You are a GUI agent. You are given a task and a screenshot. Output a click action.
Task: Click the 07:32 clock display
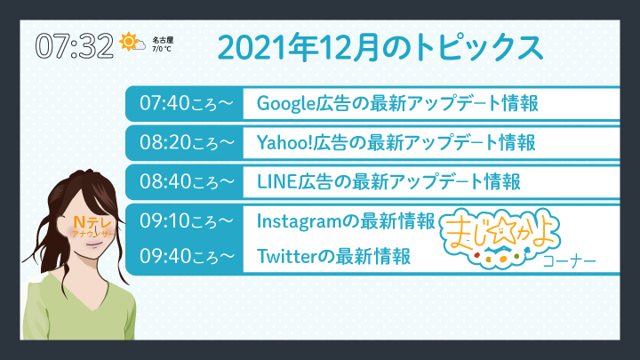coord(75,45)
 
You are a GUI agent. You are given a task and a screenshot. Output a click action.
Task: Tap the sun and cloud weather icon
coord(132,42)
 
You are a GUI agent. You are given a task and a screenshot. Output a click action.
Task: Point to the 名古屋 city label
coord(163,40)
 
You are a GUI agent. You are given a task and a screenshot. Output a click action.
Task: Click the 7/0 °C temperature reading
coord(162,49)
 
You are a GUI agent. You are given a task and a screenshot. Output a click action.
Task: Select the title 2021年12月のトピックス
coord(380,47)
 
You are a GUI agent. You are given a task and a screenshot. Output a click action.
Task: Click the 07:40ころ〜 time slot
coord(187,103)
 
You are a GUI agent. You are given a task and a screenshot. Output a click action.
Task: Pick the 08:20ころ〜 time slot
coord(187,142)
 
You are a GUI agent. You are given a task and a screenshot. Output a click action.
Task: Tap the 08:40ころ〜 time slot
coord(187,181)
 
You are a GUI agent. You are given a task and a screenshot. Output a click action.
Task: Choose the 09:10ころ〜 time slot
coord(187,220)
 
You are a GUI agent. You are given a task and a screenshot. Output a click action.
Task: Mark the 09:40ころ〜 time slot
coord(187,256)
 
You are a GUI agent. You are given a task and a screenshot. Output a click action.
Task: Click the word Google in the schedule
coord(286,104)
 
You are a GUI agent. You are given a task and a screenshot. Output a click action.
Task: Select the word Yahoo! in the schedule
coord(284,142)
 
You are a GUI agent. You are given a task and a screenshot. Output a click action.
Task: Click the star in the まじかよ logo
coord(500,232)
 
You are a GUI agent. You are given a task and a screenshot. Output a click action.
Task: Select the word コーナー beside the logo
coord(570,261)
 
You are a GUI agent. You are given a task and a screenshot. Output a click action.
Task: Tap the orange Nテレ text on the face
coord(92,222)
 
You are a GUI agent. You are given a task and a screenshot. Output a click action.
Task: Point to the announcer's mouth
coord(94,244)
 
